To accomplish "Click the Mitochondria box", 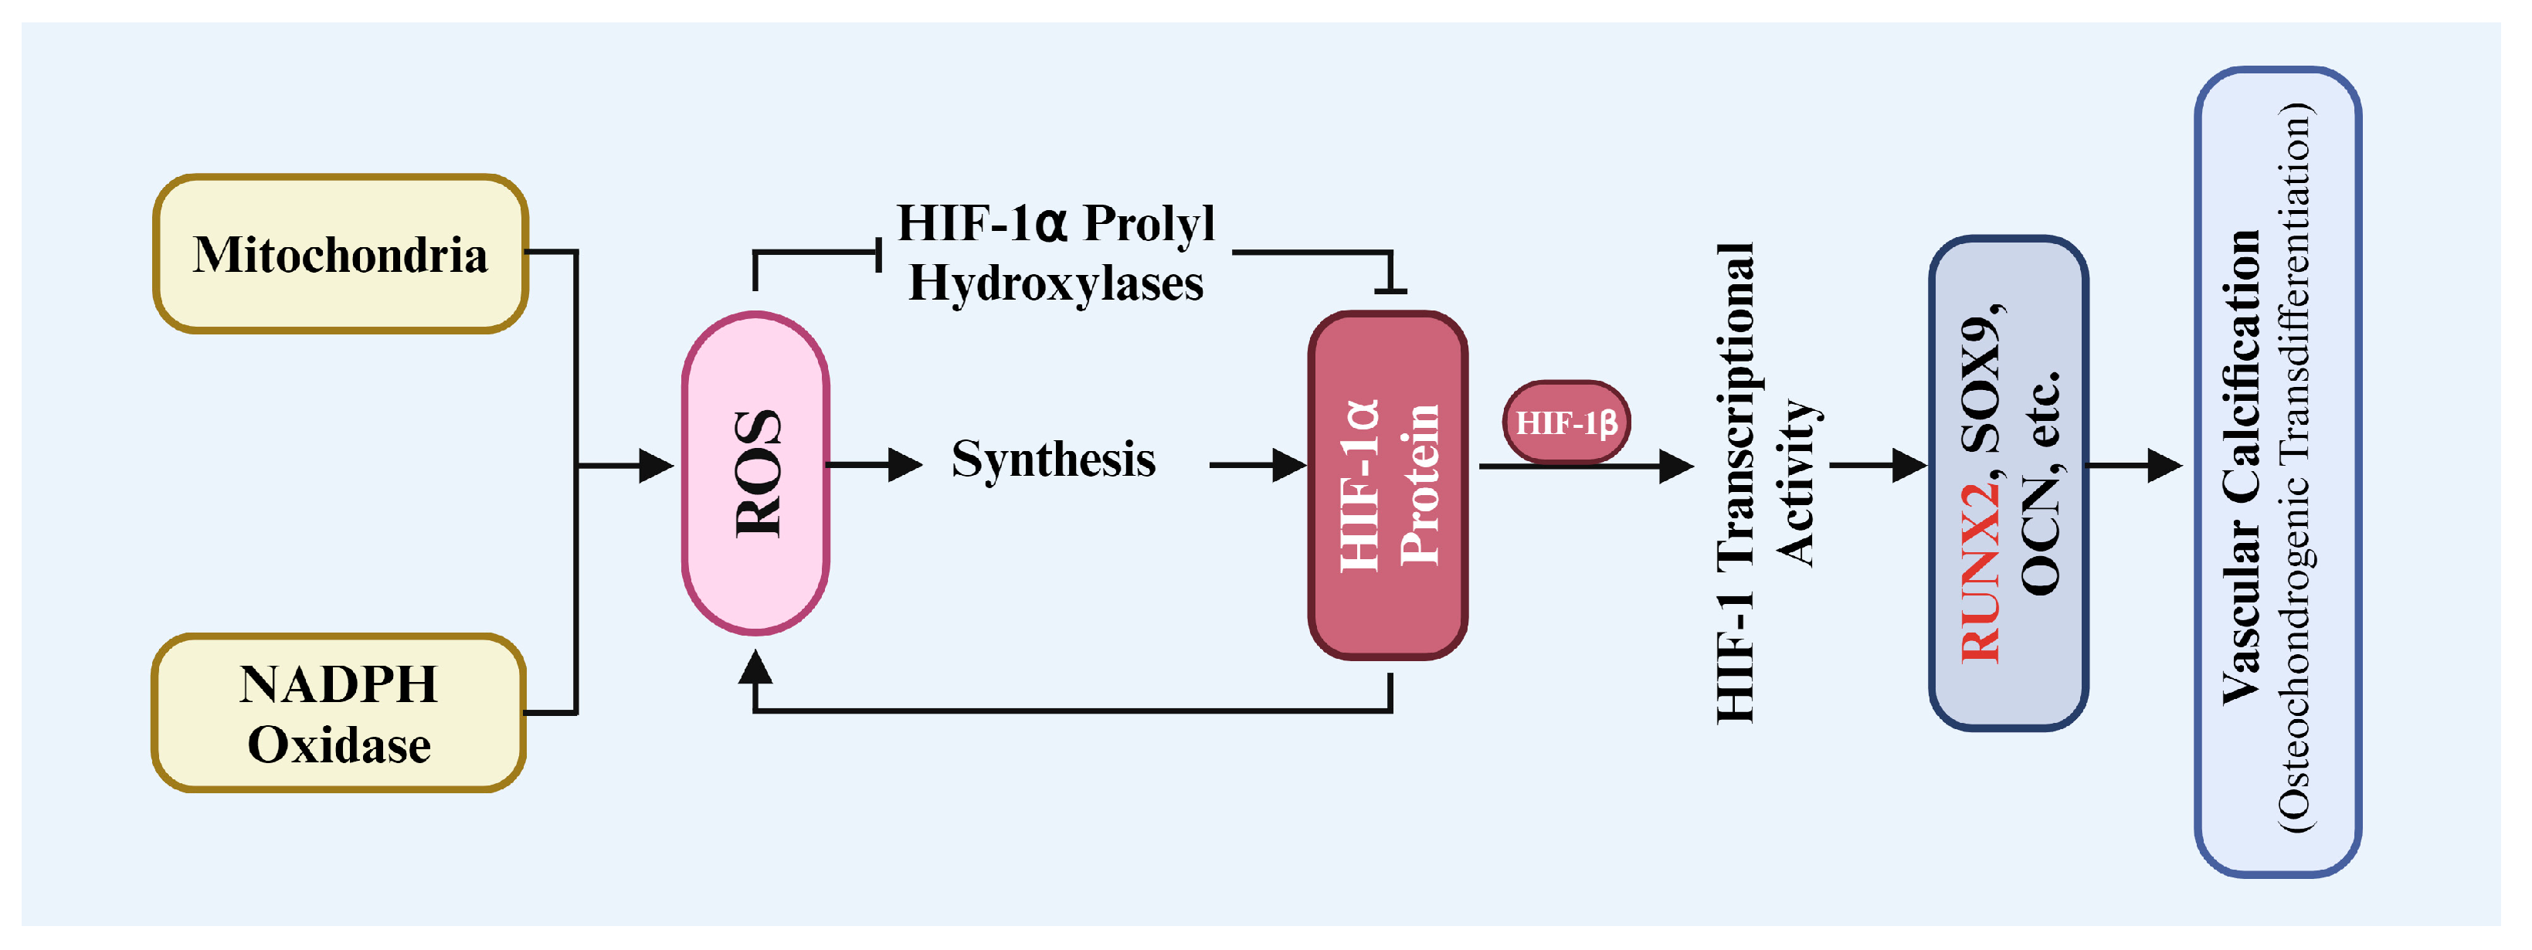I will click(x=340, y=254).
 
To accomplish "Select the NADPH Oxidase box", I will click(x=338, y=713).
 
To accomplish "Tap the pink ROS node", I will click(x=756, y=473).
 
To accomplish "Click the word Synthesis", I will click(x=1053, y=460).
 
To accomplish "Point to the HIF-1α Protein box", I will click(x=1387, y=484).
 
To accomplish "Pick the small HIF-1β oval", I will click(x=1566, y=422).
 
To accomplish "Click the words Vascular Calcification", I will click(x=2241, y=467).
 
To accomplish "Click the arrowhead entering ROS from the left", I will click(x=657, y=466).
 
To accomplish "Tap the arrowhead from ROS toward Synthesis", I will click(x=905, y=465).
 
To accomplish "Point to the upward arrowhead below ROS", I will click(x=755, y=668).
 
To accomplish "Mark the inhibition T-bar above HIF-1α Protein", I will click(x=1390, y=290).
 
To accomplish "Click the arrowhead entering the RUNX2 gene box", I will click(x=1909, y=465).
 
